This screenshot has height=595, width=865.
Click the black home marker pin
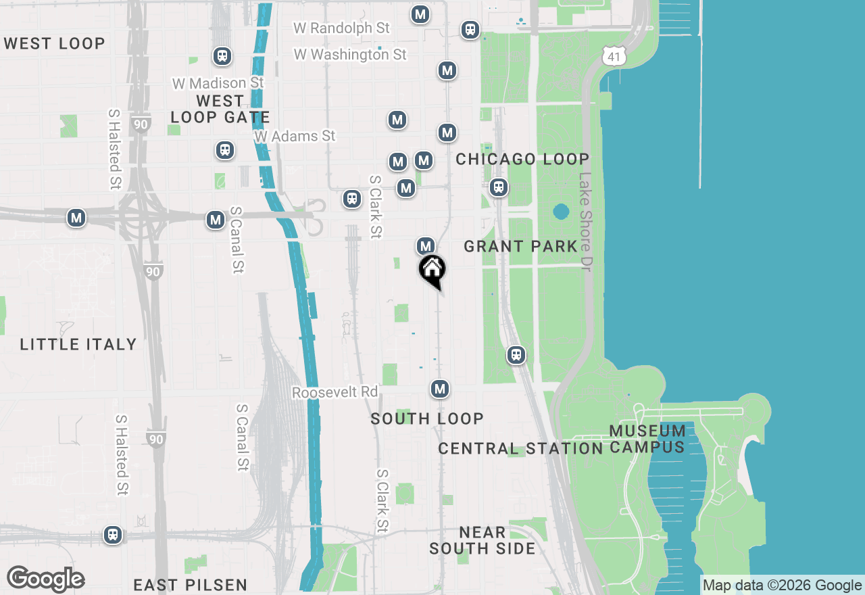432,270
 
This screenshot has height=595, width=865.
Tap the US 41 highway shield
614,57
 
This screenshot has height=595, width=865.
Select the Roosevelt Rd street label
335,392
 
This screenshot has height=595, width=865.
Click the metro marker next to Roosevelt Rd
440,389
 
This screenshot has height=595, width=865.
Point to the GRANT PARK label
520,246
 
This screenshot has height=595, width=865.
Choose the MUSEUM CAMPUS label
647,439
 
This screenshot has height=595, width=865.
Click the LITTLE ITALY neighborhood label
78,344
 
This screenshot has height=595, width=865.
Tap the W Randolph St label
341,28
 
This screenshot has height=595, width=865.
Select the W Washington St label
350,54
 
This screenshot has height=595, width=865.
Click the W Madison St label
218,83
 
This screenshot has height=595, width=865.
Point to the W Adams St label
295,136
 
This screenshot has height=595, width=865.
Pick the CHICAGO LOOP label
522,159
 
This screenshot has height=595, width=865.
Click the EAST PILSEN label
190,585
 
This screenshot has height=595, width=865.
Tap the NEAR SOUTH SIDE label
482,540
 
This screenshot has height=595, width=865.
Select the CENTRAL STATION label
520,448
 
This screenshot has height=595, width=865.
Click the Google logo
45,579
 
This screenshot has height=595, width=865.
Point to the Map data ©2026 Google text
782,586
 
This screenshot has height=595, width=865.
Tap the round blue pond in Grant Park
561,212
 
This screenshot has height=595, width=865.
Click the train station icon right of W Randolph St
470,30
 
